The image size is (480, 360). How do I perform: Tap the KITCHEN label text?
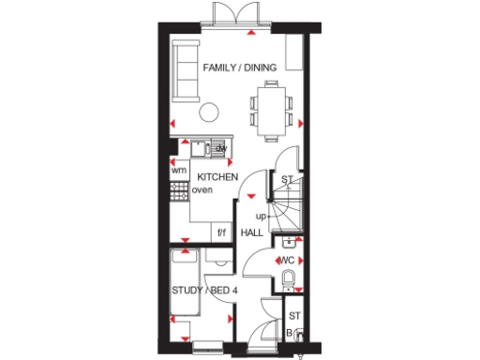217,176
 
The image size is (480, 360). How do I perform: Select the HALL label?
252,232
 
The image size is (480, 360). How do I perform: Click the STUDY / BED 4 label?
203,290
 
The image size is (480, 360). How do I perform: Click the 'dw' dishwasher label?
222,149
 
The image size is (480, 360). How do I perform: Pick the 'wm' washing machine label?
178,170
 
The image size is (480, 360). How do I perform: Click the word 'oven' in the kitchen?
202,190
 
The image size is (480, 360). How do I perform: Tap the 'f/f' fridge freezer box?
222,232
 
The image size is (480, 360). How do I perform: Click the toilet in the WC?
289,279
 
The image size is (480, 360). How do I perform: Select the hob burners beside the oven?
178,190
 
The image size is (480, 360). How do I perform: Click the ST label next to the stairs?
288,182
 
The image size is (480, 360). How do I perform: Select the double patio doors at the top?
233,14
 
